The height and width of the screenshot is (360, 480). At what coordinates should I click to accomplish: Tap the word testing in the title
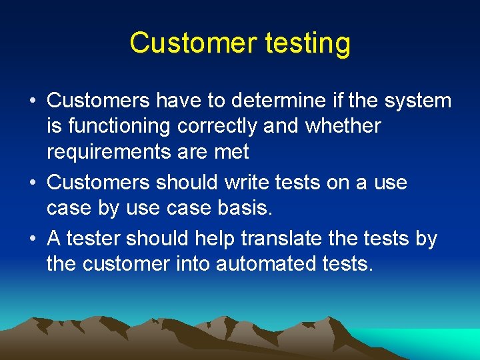(x=307, y=43)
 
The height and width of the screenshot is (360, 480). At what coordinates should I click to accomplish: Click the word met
(x=231, y=152)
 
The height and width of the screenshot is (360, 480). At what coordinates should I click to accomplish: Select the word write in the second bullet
(x=249, y=182)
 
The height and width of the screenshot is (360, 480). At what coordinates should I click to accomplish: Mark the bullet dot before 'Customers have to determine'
(x=32, y=101)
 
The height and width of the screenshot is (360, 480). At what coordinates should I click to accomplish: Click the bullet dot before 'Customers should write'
(x=32, y=183)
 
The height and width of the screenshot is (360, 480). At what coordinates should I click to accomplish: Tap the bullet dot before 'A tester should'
(x=32, y=239)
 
